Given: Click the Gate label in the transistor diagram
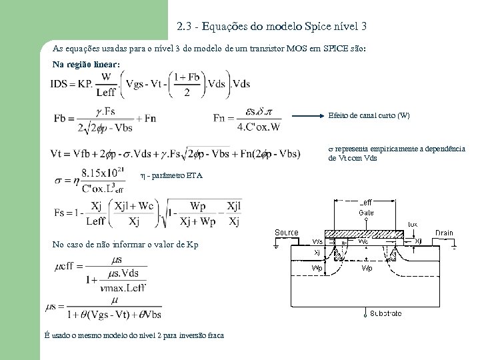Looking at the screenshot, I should pyautogui.click(x=367, y=212).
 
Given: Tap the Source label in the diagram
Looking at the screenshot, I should pyautogui.click(x=287, y=232).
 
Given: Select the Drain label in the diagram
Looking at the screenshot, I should pyautogui.click(x=444, y=233).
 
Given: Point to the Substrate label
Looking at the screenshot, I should pyautogui.click(x=387, y=313).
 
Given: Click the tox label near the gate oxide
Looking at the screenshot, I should pyautogui.click(x=413, y=224).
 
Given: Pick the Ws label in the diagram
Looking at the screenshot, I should pyautogui.click(x=319, y=241).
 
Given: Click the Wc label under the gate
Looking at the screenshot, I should pyautogui.click(x=363, y=241).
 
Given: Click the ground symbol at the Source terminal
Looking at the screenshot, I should pyautogui.click(x=278, y=245).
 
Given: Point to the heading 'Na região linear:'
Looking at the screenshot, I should pyautogui.click(x=87, y=65).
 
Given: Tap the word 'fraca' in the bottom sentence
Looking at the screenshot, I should pyautogui.click(x=213, y=335).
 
